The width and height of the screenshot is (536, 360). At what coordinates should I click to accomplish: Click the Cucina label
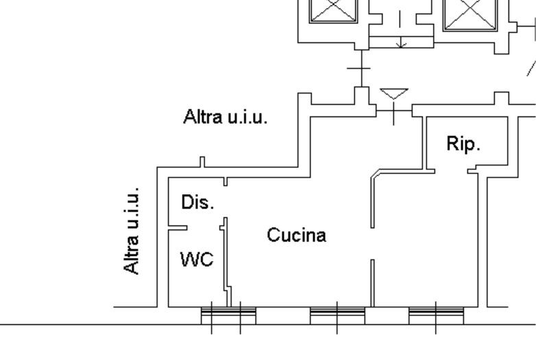click(x=296, y=236)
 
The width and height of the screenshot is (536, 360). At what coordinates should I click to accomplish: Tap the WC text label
click(x=197, y=260)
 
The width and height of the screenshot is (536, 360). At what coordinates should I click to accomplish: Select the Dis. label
click(x=197, y=203)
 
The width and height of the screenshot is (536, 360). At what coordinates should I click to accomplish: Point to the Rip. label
click(x=463, y=144)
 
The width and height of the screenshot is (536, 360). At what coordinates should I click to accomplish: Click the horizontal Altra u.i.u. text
click(x=226, y=117)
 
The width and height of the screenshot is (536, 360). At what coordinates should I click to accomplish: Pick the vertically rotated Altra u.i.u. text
click(x=133, y=230)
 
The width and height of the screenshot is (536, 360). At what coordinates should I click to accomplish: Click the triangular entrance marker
click(x=393, y=94)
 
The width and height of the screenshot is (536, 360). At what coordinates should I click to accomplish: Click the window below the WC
click(x=228, y=315)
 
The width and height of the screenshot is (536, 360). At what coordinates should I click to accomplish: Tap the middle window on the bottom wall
click(x=337, y=315)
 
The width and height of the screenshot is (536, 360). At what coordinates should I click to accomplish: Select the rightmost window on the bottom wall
click(x=435, y=315)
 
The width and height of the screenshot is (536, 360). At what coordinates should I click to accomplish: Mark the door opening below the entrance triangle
click(x=393, y=111)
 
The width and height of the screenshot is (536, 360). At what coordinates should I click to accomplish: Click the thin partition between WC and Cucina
click(x=226, y=261)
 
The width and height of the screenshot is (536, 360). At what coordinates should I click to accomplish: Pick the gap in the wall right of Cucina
click(x=372, y=244)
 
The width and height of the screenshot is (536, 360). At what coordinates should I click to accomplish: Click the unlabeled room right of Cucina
click(x=425, y=240)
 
